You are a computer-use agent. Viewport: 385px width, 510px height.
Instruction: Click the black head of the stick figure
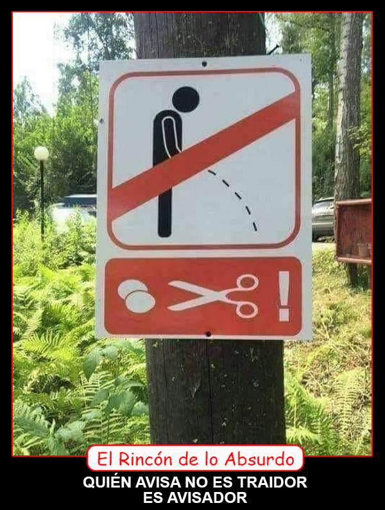(185, 99)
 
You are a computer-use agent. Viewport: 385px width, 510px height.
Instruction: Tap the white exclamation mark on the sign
(284, 296)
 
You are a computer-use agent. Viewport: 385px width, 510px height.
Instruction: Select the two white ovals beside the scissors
(136, 296)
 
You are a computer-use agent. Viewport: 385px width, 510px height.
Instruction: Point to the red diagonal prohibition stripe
(203, 156)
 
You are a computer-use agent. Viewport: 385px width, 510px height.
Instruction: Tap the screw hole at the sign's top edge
(204, 64)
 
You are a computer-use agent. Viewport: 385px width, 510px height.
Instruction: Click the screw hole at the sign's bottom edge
(209, 334)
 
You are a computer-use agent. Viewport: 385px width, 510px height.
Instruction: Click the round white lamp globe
(41, 154)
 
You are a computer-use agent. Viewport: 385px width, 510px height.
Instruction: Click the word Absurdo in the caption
(259, 459)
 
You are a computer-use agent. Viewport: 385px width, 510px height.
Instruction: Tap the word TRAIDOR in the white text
(272, 482)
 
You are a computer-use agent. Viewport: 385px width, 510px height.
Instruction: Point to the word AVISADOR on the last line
(195, 498)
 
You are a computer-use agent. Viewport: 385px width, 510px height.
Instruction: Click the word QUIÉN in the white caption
(107, 481)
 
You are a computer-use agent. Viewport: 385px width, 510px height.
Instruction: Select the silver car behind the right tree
(323, 218)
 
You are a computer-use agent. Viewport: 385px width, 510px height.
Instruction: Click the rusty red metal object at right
(354, 231)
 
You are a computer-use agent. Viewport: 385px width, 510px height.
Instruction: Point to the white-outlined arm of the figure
(172, 136)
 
